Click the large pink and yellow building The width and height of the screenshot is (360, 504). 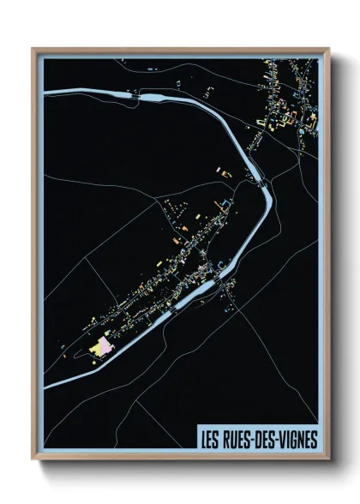pyautogui.click(x=102, y=347)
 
